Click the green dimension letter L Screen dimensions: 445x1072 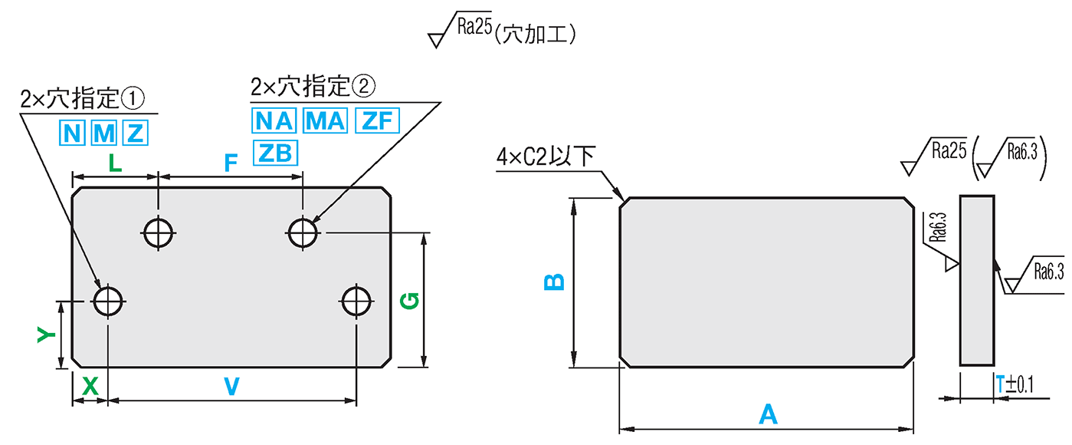(113, 163)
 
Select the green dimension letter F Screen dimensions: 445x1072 (230, 163)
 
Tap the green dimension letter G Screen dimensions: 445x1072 (410, 302)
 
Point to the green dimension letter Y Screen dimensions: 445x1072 (47, 335)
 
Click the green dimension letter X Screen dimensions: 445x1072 (90, 387)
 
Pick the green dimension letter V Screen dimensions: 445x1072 (231, 387)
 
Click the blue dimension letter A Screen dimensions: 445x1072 (767, 415)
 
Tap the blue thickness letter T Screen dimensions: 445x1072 (1000, 384)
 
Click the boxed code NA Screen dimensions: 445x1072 (274, 121)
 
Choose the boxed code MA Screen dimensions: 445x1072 (326, 121)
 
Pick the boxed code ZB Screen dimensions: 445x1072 (274, 153)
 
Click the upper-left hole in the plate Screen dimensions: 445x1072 (159, 232)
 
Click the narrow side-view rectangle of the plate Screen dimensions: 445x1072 (977, 281)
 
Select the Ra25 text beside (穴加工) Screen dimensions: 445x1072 (474, 28)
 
